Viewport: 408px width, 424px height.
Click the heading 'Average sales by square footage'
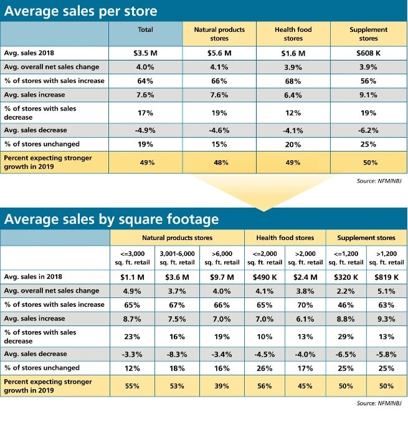pyautogui.click(x=111, y=219)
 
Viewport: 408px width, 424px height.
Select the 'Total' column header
pyautogui.click(x=145, y=29)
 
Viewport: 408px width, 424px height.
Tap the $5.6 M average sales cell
pyautogui.click(x=219, y=53)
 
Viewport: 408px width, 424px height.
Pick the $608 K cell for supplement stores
pyautogui.click(x=368, y=53)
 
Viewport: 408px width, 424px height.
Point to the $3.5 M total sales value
pyautogui.click(x=145, y=53)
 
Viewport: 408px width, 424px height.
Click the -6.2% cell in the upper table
pyautogui.click(x=368, y=130)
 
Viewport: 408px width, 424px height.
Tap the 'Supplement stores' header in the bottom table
pyautogui.click(x=366, y=238)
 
